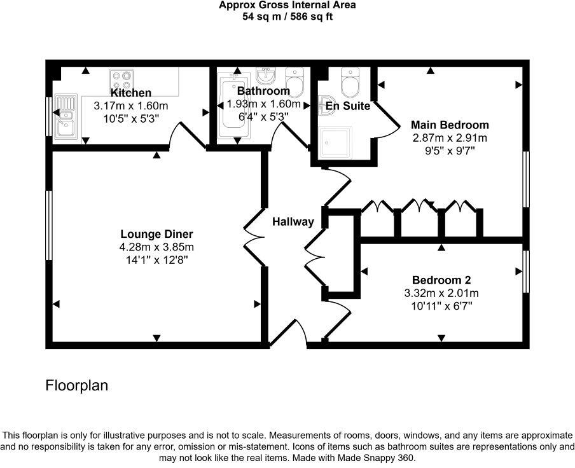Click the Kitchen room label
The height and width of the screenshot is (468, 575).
point(131,93)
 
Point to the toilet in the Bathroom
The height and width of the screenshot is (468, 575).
point(294,81)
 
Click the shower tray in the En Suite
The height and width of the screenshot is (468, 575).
point(335,141)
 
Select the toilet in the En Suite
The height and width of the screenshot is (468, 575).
point(350,81)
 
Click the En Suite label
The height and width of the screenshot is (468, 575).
point(347,106)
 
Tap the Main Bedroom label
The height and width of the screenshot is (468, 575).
point(450,125)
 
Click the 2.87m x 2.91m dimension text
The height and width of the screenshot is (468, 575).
point(450,138)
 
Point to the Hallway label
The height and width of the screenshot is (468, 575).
point(293,222)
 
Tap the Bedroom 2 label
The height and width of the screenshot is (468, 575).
point(441,280)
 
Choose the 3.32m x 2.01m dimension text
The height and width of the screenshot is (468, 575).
point(441,293)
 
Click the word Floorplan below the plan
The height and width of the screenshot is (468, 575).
point(77,385)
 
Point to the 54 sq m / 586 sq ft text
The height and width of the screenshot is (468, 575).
point(287,17)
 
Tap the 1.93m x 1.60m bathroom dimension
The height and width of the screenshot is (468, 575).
point(264,104)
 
